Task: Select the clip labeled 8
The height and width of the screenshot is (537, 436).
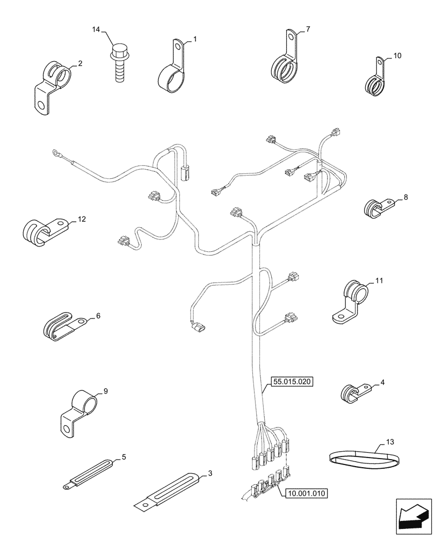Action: coord(376,207)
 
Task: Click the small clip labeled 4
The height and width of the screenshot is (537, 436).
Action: coord(352,392)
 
